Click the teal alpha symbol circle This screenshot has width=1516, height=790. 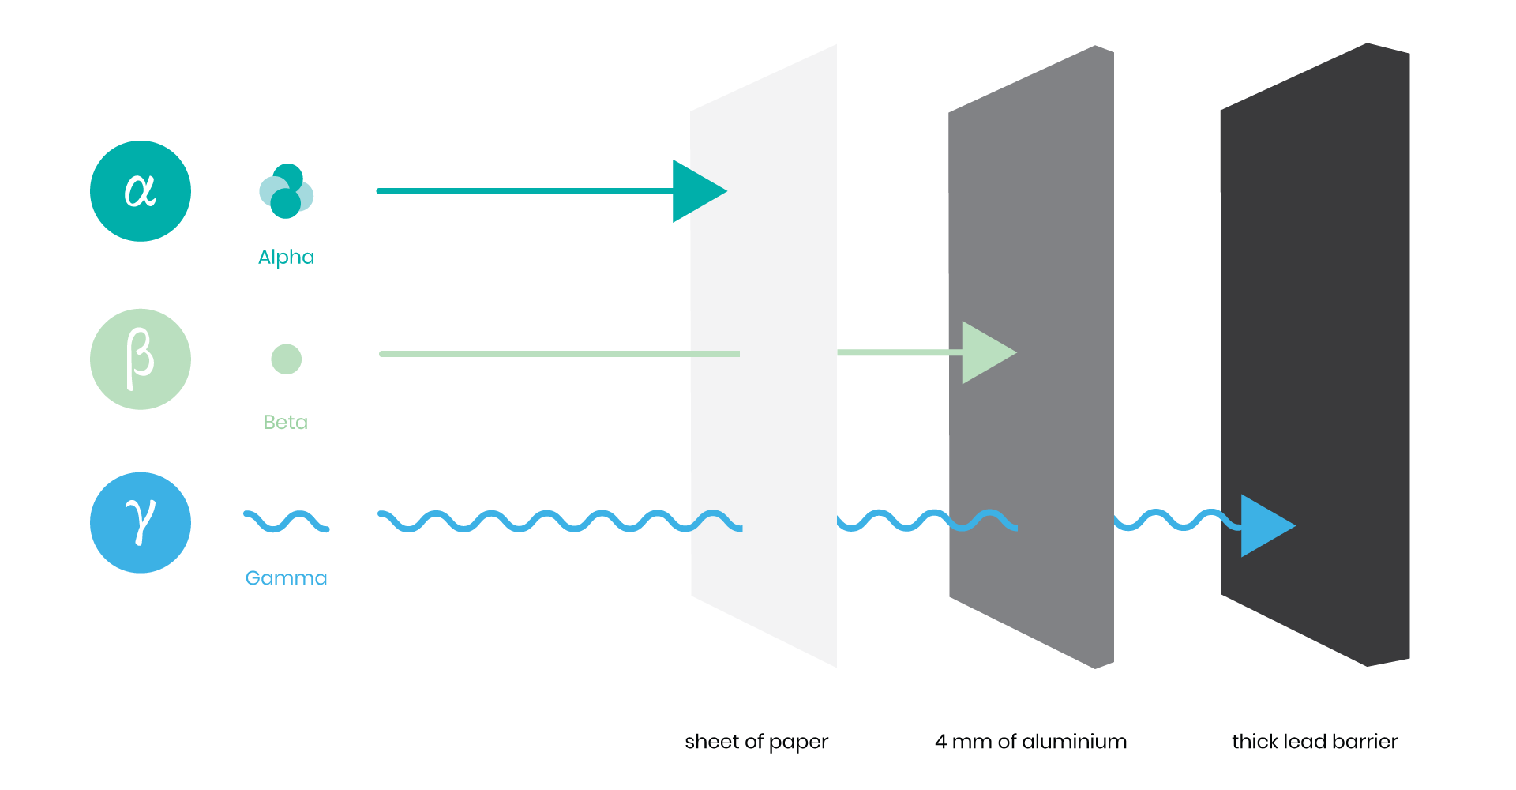click(141, 191)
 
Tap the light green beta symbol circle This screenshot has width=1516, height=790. click(141, 359)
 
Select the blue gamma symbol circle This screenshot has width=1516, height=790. click(141, 523)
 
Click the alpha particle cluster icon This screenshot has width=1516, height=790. click(286, 191)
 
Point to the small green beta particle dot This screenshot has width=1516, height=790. click(286, 359)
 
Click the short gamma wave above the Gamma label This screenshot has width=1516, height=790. click(286, 521)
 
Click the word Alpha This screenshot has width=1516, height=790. click(286, 258)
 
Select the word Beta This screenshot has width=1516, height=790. click(286, 422)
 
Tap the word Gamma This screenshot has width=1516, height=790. click(286, 578)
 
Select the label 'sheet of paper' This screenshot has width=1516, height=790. click(756, 743)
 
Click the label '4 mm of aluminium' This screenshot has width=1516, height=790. click(1030, 742)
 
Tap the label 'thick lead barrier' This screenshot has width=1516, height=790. click(1315, 742)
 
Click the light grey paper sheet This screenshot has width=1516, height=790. click(764, 355)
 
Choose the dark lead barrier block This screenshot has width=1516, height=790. click(1315, 355)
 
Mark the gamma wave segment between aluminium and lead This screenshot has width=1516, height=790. click(1176, 521)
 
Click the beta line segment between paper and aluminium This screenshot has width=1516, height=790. click(900, 352)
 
